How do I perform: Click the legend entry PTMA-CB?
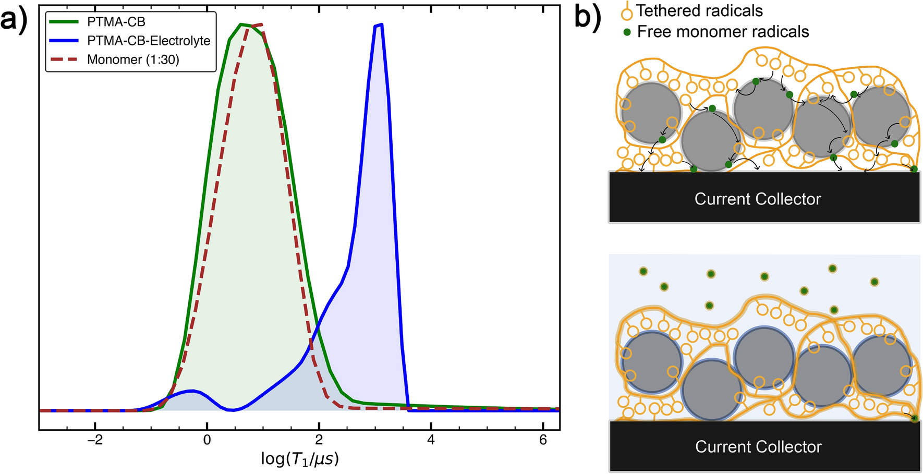pyautogui.click(x=116, y=22)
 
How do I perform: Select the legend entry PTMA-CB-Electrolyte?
pyautogui.click(x=148, y=41)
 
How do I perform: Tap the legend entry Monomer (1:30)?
pyautogui.click(x=133, y=60)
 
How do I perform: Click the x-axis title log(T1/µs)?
pyautogui.click(x=300, y=459)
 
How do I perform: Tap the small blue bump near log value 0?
pyautogui.click(x=191, y=391)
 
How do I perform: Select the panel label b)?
pyautogui.click(x=587, y=17)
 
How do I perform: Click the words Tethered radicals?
pyautogui.click(x=699, y=11)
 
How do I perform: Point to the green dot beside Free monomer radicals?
pyautogui.click(x=627, y=32)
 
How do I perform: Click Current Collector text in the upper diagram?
pyautogui.click(x=757, y=199)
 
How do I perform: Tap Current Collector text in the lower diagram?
pyautogui.click(x=758, y=447)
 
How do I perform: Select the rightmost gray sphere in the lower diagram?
pyautogui.click(x=881, y=365)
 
